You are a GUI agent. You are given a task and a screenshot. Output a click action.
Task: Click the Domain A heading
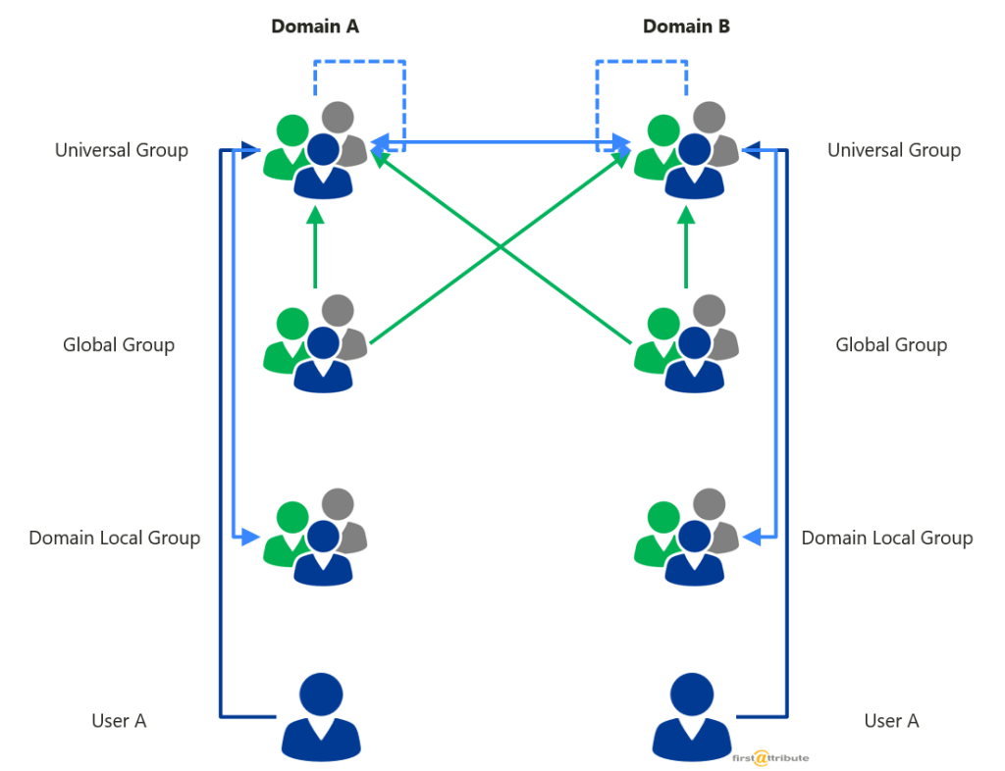[x=315, y=26]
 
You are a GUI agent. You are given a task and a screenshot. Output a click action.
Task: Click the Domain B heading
[x=686, y=26]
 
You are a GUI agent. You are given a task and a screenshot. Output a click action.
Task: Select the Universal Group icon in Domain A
[x=316, y=152]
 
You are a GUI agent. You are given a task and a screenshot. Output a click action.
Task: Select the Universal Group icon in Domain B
[x=686, y=152]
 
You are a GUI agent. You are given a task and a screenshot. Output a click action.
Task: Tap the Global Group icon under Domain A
[x=316, y=344]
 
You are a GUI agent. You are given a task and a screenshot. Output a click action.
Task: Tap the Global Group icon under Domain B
[x=686, y=344]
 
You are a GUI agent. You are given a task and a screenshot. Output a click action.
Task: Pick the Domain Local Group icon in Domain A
[x=316, y=538]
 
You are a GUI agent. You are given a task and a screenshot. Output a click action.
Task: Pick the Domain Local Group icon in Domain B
[x=686, y=538]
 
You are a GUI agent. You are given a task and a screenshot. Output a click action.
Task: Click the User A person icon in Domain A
[x=316, y=717]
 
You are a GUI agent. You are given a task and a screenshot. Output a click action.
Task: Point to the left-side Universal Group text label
[x=122, y=150]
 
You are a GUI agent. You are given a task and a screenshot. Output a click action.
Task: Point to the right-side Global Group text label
[x=890, y=344]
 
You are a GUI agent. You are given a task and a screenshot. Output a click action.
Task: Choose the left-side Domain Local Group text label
[x=114, y=538]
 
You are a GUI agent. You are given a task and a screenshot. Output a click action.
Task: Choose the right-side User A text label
[x=890, y=721]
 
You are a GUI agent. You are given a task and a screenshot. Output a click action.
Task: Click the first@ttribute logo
[x=770, y=757]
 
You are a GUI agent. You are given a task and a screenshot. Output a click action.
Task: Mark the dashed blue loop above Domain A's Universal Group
[x=359, y=62]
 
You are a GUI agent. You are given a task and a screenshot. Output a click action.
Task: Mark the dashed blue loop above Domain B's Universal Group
[x=642, y=62]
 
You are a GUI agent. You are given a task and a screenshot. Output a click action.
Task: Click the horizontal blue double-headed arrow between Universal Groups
[x=501, y=144]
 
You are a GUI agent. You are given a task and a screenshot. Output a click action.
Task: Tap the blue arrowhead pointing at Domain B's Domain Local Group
[x=752, y=537]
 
